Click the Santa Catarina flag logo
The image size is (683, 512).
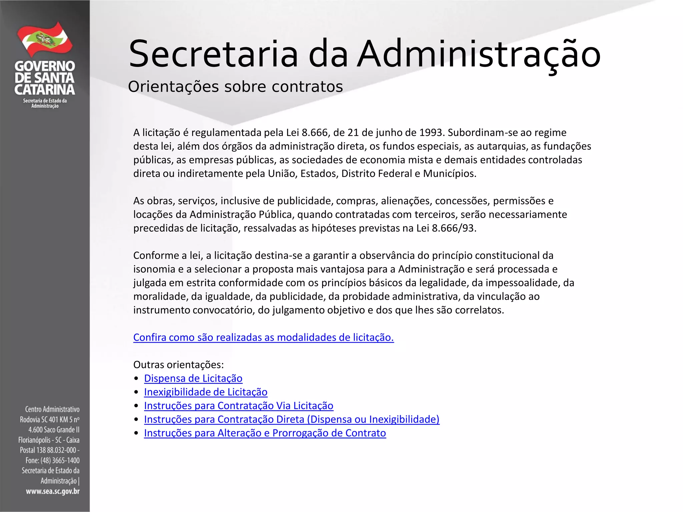click(45, 39)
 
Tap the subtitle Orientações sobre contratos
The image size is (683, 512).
click(235, 87)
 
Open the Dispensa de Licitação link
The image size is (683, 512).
click(193, 378)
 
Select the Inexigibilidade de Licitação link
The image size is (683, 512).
click(205, 392)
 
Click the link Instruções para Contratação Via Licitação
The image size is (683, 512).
click(238, 406)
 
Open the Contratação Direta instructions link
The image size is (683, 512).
click(291, 419)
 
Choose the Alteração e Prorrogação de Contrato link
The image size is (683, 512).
click(265, 433)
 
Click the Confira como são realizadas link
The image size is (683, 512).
click(263, 337)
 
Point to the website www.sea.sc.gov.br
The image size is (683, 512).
click(53, 491)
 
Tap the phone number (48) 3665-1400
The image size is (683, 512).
click(60, 461)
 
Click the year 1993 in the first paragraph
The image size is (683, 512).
click(432, 133)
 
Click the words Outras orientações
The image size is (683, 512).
click(178, 365)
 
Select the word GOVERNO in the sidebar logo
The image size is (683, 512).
click(45, 66)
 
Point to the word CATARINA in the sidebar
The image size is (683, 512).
click(45, 90)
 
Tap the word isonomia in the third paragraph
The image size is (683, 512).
click(154, 269)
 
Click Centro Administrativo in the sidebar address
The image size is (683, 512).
click(52, 409)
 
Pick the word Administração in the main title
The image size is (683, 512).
click(478, 54)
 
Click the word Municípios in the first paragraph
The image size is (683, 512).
click(449, 174)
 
